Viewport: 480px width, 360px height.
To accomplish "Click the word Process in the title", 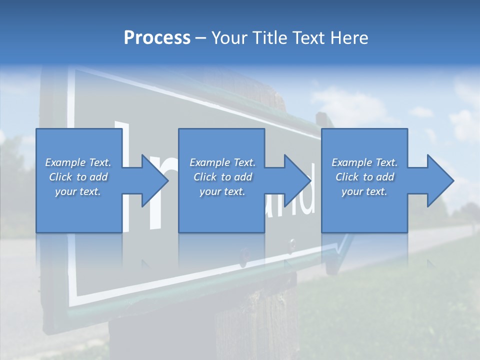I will (x=157, y=38).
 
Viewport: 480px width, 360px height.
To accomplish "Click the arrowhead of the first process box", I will (x=155, y=180).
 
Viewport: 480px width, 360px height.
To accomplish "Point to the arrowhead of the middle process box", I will (x=297, y=180).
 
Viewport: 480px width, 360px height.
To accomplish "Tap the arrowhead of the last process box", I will (x=440, y=180).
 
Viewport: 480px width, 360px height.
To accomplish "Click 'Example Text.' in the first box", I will (x=78, y=162).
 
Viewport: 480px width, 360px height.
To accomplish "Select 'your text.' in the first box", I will (x=78, y=191).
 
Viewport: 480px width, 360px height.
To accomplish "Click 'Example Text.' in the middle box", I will (x=222, y=162).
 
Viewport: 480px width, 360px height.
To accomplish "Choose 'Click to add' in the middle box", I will (x=222, y=177).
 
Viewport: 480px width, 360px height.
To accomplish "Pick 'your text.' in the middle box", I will (x=222, y=191).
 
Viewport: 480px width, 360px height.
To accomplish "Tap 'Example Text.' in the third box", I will (x=364, y=162).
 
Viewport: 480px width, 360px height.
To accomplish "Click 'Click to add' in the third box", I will (x=364, y=177).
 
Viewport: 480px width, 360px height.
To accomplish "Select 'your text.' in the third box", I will (x=364, y=191).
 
